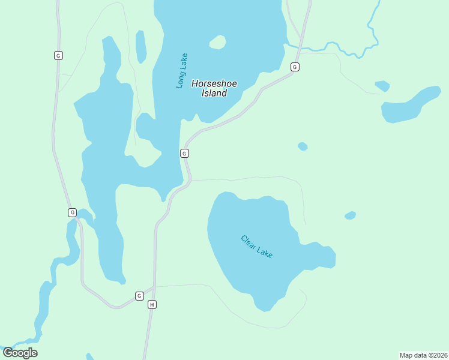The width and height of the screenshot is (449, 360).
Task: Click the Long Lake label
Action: pos(182,71)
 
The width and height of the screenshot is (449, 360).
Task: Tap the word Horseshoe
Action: pos(214,84)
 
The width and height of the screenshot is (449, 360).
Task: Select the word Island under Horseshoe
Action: pos(214,94)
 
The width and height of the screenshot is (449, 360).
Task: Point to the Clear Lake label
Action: pos(257,247)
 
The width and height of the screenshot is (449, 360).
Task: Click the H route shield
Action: pos(152,305)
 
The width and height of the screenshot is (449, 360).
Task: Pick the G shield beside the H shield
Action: pos(139,296)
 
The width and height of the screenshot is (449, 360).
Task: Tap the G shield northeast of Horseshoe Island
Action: pos(295,67)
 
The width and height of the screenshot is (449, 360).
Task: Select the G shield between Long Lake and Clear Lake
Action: pos(184,154)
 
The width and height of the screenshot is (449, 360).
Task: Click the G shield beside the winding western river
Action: pos(72,212)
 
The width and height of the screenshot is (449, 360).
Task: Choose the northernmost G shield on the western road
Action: pos(58,55)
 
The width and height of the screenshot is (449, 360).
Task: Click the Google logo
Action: pos(20,353)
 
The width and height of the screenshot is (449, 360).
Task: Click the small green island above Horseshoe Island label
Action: pos(217,42)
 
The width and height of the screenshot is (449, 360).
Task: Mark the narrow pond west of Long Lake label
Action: pos(140,47)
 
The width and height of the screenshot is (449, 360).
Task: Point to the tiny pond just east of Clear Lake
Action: pos(351,215)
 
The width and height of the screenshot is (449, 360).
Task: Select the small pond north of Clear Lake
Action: pos(303,146)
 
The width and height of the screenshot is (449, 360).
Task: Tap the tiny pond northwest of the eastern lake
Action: pos(382,86)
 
